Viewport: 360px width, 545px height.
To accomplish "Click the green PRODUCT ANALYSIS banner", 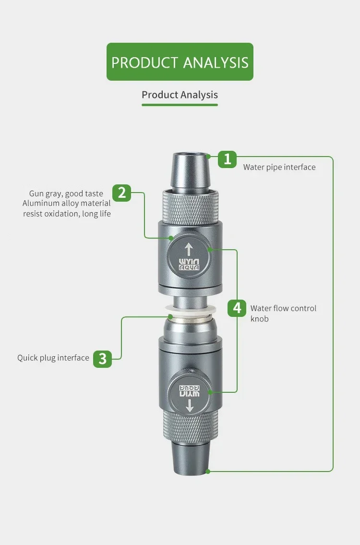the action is pos(180,62).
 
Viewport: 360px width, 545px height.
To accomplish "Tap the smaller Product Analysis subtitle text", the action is pos(180,95).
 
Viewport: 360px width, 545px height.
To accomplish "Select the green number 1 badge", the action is pos(227,159).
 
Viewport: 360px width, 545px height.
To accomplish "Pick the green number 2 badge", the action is pos(121,193).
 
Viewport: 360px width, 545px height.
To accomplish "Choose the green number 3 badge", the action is pos(102,358).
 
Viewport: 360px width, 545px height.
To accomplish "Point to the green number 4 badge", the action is pos(237,308).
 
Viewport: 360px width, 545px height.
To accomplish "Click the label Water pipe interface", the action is pos(279,167).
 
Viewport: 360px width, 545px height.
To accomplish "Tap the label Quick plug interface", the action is pos(53,358).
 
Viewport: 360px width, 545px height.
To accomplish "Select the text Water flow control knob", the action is pos(284,314).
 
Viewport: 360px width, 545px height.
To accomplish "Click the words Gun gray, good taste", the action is pos(66,194).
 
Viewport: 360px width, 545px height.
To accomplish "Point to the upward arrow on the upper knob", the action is pos(188,250).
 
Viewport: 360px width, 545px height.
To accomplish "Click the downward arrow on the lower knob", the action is pos(190,405).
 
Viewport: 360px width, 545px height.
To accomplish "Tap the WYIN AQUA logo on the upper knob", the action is pos(189,264).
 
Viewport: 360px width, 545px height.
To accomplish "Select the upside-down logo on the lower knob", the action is pos(190,391).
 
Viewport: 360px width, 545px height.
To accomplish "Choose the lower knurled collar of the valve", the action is pos(191,426).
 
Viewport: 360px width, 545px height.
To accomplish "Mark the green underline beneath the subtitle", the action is pos(180,105).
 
